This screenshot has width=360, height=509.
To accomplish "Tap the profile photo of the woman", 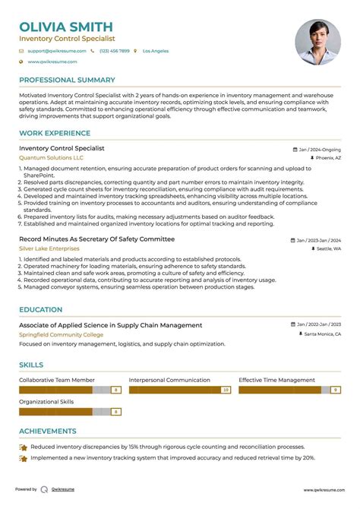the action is click(x=317, y=41).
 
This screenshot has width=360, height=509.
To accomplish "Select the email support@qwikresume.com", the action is click(x=57, y=51).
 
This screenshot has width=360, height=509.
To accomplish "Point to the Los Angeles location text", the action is click(x=155, y=51).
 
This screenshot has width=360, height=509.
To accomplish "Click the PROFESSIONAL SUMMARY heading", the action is click(x=67, y=80).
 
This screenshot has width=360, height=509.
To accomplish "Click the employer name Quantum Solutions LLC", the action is click(x=51, y=157).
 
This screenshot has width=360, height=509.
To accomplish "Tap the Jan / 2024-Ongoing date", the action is click(x=319, y=150).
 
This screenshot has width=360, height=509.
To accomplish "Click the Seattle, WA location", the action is click(x=328, y=249).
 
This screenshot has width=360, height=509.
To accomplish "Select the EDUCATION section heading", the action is click(x=40, y=310).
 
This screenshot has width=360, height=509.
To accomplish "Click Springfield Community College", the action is click(x=62, y=334).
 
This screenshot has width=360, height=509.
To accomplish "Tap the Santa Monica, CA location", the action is click(x=322, y=334).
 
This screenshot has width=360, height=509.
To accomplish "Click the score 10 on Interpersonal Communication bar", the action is click(x=226, y=390).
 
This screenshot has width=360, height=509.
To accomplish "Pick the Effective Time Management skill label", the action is click(x=276, y=380).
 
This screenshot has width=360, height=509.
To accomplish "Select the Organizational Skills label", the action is click(x=46, y=402).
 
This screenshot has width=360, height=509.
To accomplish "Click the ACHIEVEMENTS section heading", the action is click(x=47, y=431).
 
